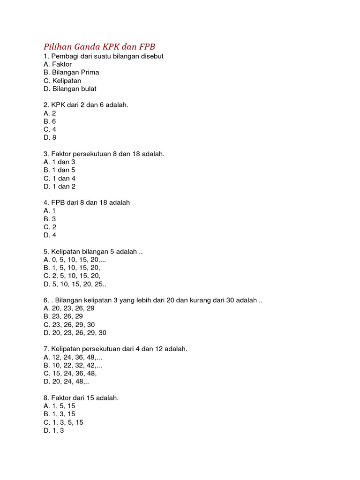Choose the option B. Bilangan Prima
[x=71, y=73]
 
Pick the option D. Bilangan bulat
[x=70, y=89]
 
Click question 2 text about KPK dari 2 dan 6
[x=86, y=105]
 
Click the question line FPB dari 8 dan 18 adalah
[x=87, y=202]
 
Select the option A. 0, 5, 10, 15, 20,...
[x=72, y=260]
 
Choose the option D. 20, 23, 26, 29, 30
[x=75, y=333]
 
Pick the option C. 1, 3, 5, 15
[x=63, y=422]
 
